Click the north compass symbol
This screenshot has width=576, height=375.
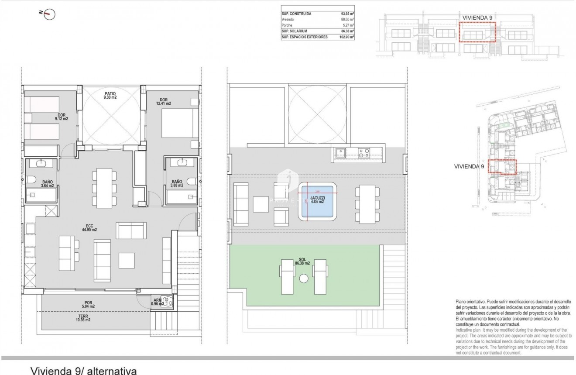click(49, 14)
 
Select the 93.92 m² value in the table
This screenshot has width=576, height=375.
click(347, 14)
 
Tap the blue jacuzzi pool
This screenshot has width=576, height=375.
click(317, 201)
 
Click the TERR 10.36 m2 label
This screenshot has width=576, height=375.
click(82, 318)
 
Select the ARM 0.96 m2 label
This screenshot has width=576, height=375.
click(156, 302)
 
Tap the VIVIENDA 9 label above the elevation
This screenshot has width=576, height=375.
click(477, 17)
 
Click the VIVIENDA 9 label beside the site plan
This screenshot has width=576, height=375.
click(469, 166)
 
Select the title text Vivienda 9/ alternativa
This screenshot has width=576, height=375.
click(83, 371)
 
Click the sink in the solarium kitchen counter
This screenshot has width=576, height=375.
click(341, 153)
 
